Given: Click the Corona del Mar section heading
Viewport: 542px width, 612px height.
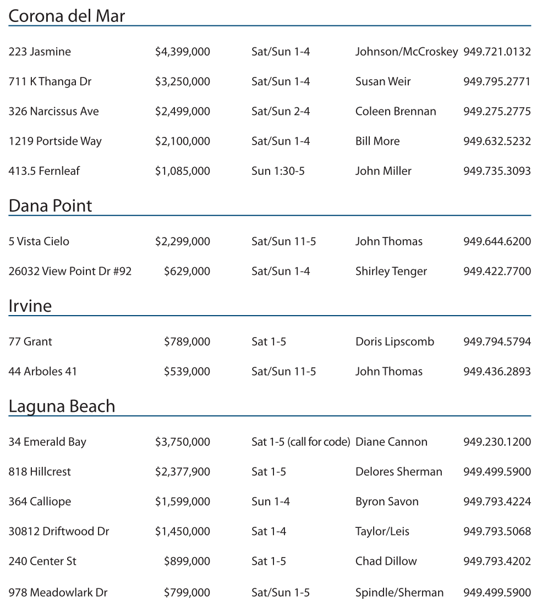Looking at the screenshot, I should (x=67, y=16).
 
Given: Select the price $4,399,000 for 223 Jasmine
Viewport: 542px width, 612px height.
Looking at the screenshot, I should (x=182, y=52).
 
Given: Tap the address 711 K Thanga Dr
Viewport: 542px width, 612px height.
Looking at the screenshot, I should (x=50, y=81).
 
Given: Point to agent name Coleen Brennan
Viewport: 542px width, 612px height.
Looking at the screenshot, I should (x=395, y=111).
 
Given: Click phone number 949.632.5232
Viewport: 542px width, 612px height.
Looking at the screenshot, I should (x=497, y=141).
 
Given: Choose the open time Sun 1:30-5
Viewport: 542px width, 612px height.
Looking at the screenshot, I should (x=278, y=171).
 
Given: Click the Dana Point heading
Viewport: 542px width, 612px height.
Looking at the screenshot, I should (x=50, y=206).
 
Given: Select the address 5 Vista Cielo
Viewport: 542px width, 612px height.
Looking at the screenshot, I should (x=39, y=241).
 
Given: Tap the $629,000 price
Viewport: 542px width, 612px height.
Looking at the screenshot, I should (x=187, y=271).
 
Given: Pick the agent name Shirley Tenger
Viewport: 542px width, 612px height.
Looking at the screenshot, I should (x=391, y=271).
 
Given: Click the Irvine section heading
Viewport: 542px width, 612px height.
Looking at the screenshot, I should (x=30, y=306).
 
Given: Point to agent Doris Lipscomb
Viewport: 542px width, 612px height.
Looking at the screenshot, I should (x=395, y=341).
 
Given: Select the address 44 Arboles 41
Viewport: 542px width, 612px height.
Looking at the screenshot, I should (x=42, y=371).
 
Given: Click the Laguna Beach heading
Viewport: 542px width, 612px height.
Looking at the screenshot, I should (x=62, y=406).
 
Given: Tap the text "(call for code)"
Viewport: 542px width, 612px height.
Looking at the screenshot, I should (x=319, y=442).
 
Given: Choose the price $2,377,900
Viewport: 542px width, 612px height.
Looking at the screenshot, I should (x=182, y=471).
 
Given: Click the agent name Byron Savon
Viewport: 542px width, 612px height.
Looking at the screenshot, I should (x=387, y=501).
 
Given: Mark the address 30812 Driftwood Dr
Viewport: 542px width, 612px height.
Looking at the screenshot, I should (x=58, y=531).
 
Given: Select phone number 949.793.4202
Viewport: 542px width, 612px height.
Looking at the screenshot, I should (x=497, y=561).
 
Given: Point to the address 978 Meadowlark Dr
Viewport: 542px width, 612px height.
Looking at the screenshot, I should (x=58, y=592).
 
